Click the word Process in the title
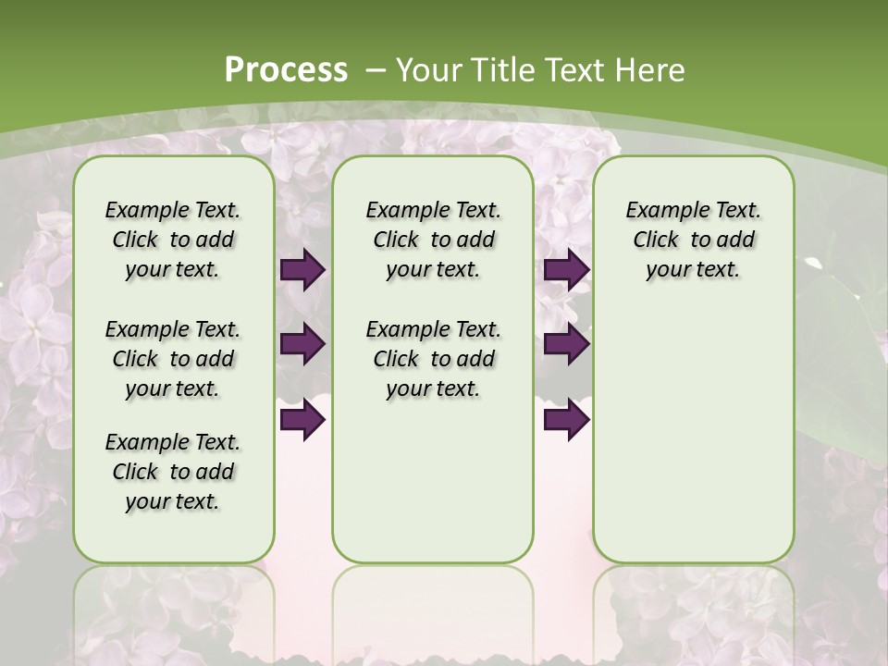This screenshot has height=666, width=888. click(x=287, y=69)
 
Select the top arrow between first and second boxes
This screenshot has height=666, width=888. click(x=302, y=269)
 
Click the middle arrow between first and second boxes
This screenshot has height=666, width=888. click(x=302, y=344)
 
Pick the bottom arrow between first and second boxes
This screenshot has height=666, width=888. click(x=302, y=420)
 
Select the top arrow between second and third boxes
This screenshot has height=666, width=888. click(x=566, y=269)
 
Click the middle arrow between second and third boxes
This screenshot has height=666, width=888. click(x=566, y=344)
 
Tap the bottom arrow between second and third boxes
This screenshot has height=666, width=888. click(x=566, y=420)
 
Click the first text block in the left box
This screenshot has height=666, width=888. click(x=173, y=240)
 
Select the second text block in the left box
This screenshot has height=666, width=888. click(x=173, y=359)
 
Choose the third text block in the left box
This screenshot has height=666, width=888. click(x=173, y=472)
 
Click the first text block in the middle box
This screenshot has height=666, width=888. click(x=433, y=240)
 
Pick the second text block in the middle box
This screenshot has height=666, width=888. click(x=433, y=359)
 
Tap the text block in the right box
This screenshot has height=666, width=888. click(x=693, y=240)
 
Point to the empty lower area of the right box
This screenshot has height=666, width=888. click(x=693, y=435)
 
